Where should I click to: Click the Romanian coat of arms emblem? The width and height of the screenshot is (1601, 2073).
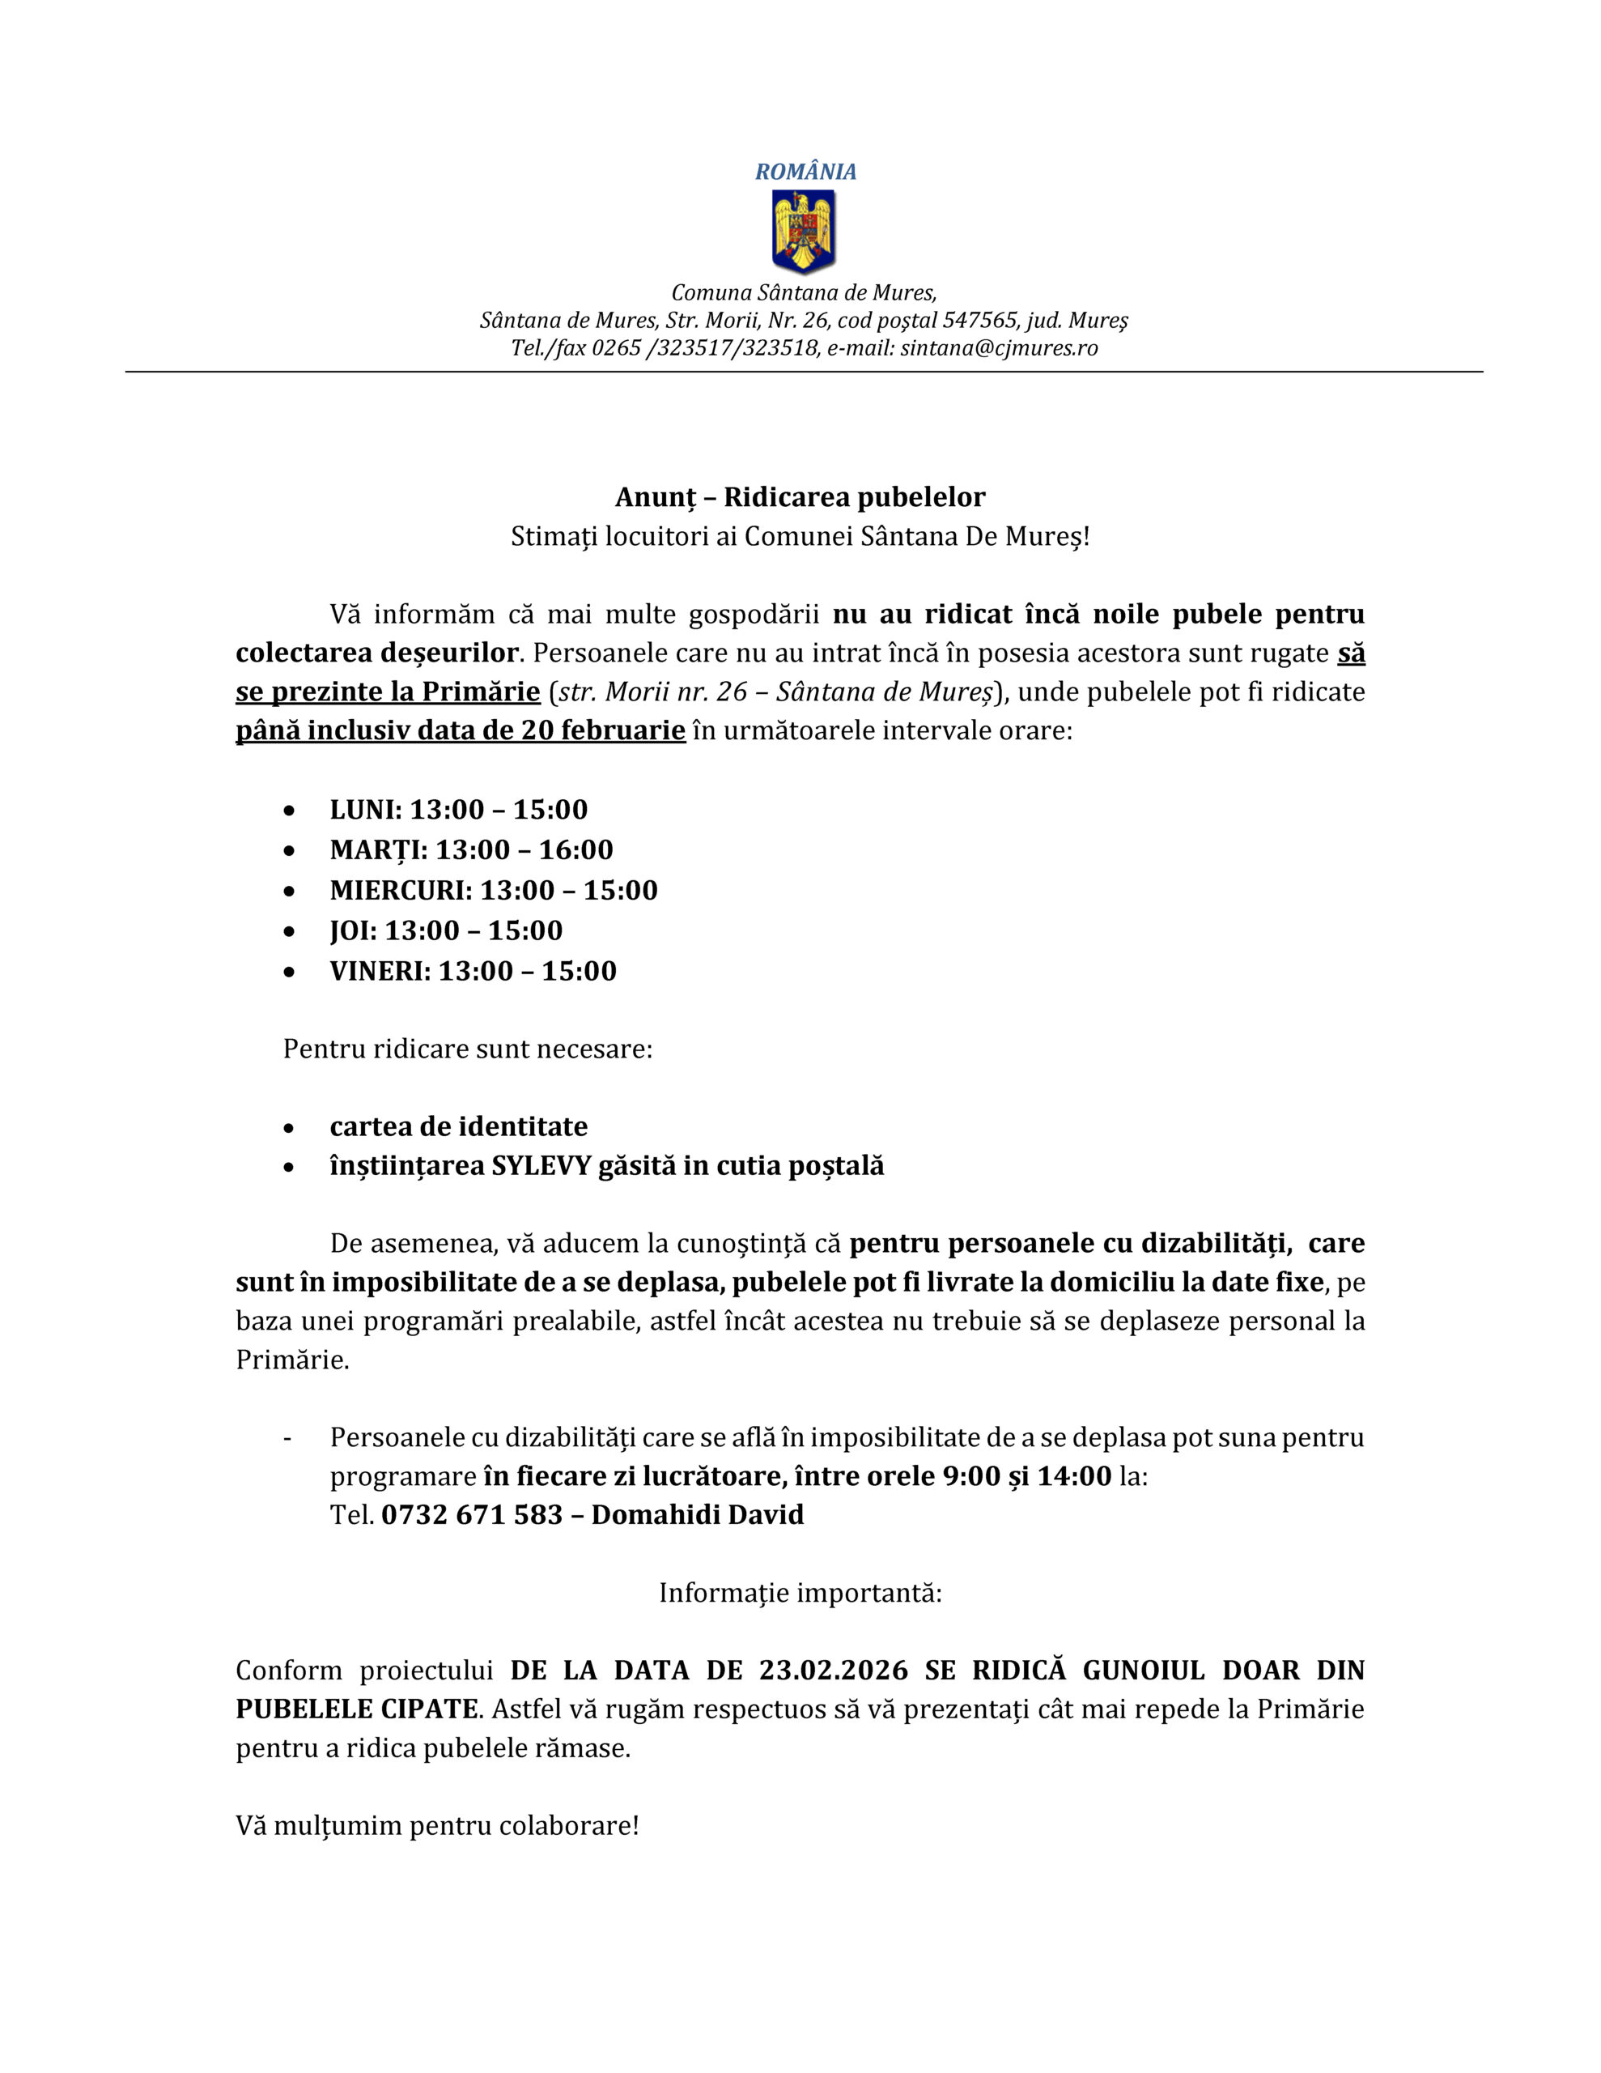(803, 231)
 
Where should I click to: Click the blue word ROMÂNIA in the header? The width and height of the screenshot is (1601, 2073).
(805, 172)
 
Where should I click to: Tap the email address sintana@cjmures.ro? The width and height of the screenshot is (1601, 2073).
(998, 347)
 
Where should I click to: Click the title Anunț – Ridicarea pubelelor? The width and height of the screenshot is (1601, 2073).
(800, 496)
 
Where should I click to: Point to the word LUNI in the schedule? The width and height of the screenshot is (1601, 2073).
(364, 810)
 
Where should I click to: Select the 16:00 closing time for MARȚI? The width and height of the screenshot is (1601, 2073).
(576, 849)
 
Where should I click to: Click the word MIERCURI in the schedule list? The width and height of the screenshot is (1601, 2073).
(400, 890)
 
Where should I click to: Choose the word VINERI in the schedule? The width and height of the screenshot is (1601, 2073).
(379, 971)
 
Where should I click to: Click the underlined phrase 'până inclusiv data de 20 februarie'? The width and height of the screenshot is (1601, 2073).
(461, 731)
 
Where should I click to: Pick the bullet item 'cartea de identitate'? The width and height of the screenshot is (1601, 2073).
(458, 1126)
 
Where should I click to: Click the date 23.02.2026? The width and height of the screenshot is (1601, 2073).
(832, 1670)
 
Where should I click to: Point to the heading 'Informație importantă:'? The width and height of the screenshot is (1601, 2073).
(800, 1593)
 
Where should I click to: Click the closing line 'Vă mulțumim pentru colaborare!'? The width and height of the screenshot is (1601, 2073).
(436, 1825)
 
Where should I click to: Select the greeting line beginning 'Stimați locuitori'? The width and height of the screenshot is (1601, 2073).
(800, 536)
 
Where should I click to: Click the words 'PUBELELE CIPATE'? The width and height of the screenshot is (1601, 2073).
(356, 1709)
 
